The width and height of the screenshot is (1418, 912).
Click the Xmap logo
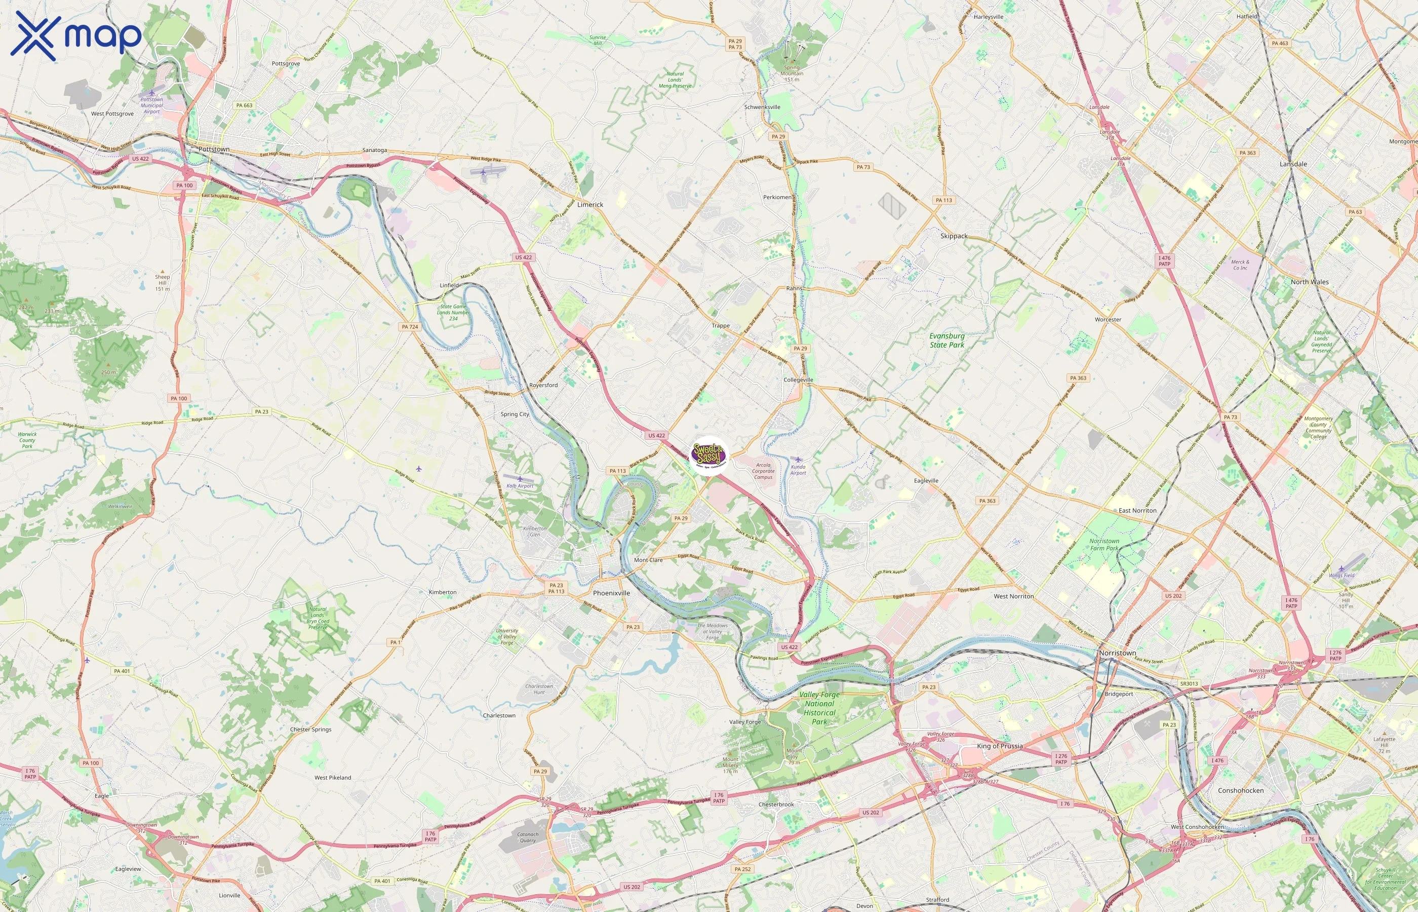pyautogui.click(x=76, y=35)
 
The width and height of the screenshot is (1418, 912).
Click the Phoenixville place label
pyautogui.click(x=611, y=593)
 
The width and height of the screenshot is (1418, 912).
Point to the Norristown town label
pyautogui.click(x=1117, y=653)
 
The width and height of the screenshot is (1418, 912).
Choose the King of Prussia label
pyautogui.click(x=1000, y=746)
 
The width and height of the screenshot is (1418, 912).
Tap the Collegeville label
pyautogui.click(x=798, y=379)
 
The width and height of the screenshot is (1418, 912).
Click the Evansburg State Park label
pyautogui.click(x=947, y=340)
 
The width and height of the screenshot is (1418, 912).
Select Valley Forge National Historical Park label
pyautogui.click(x=819, y=708)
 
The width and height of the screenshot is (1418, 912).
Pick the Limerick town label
pyautogui.click(x=590, y=204)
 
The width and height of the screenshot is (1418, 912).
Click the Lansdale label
pyautogui.click(x=1293, y=164)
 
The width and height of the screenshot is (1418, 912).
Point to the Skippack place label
pyautogui.click(x=954, y=236)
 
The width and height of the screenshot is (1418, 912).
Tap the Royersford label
pyautogui.click(x=543, y=385)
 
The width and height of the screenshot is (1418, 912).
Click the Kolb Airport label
pyautogui.click(x=520, y=485)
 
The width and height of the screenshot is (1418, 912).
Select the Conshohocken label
pyautogui.click(x=1240, y=790)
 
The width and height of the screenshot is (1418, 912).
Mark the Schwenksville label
pyautogui.click(x=762, y=107)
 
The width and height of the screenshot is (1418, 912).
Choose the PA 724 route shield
pyautogui.click(x=410, y=326)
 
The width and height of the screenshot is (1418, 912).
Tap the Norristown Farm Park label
pyautogui.click(x=1105, y=544)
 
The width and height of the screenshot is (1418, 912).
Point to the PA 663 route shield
pyautogui.click(x=244, y=105)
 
